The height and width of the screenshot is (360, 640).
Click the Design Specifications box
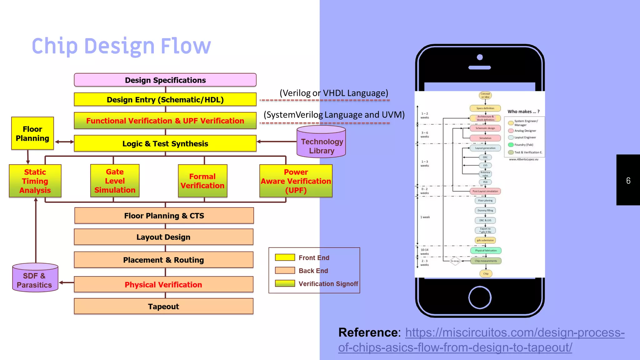pyautogui.click(x=165, y=80)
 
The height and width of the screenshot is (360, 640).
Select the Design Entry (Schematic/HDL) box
pyautogui.click(x=165, y=100)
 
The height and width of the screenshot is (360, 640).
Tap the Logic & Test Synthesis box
pyautogui.click(x=165, y=143)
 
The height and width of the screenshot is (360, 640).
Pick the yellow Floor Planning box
pyautogui.click(x=32, y=134)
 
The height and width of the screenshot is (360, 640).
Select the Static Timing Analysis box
pyautogui.click(x=35, y=181)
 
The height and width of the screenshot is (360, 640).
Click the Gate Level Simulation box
pyautogui.click(x=115, y=181)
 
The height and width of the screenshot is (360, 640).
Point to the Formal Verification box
pyautogui.click(x=202, y=181)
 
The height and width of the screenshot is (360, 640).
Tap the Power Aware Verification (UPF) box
pyautogui.click(x=296, y=181)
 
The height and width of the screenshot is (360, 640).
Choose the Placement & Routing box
pyautogui.click(x=163, y=260)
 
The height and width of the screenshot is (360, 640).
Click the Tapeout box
pyautogui.click(x=163, y=306)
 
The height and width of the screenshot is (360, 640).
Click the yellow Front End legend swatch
pyautogui.click(x=285, y=257)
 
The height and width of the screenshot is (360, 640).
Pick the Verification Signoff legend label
pyautogui.click(x=328, y=284)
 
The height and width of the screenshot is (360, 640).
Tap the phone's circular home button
pyautogui.click(x=480, y=297)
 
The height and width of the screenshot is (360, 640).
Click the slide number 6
pyautogui.click(x=628, y=181)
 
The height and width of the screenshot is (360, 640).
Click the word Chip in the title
pyautogui.click(x=54, y=46)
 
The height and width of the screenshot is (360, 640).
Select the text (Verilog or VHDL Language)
pyautogui.click(x=334, y=93)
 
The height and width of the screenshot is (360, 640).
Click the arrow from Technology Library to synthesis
pyautogui.click(x=276, y=142)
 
